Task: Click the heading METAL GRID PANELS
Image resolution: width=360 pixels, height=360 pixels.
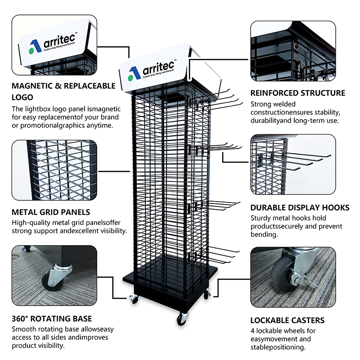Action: [x=51, y=212]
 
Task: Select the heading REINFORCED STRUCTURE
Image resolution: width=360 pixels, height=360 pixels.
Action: [x=298, y=93]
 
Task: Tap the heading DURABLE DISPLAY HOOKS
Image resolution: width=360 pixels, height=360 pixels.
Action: [x=300, y=207]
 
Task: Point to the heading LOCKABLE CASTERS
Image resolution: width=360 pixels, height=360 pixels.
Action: [x=288, y=320]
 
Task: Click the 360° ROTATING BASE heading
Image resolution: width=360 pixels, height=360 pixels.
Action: [x=52, y=319]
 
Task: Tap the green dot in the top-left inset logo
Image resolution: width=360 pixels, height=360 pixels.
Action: [x=31, y=51]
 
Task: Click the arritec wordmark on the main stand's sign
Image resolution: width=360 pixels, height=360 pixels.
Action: [x=158, y=67]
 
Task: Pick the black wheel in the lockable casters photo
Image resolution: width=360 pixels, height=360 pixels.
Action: [x=283, y=273]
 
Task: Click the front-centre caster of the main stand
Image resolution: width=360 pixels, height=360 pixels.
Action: [x=182, y=319]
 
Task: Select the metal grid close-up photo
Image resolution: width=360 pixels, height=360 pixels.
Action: [x=54, y=170]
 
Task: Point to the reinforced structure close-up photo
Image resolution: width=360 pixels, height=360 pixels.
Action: [x=293, y=51]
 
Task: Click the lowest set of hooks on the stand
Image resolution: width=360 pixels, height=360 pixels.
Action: [x=213, y=255]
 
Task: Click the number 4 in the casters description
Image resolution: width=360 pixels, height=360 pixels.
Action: [x=252, y=331]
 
